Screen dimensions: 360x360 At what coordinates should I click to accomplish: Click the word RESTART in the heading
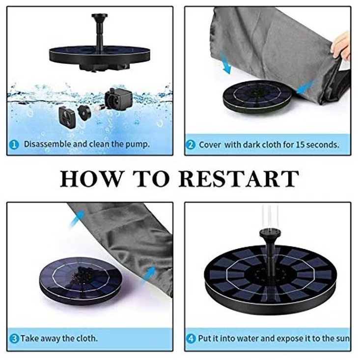239,179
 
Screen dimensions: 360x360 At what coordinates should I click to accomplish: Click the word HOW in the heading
91,179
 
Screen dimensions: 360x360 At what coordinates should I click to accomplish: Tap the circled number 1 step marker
14,145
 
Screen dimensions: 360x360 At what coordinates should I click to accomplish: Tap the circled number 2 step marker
191,145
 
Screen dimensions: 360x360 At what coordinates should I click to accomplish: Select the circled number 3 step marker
14,339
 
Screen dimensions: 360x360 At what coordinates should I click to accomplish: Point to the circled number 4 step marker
191,339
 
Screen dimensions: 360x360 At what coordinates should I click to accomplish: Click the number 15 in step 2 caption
300,145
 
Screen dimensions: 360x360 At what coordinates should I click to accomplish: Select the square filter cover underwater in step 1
67,117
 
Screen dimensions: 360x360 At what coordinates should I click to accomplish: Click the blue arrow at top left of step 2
225,63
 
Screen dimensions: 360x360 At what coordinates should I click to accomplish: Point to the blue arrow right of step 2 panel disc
306,86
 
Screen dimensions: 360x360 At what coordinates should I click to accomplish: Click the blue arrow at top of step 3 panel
76,219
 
